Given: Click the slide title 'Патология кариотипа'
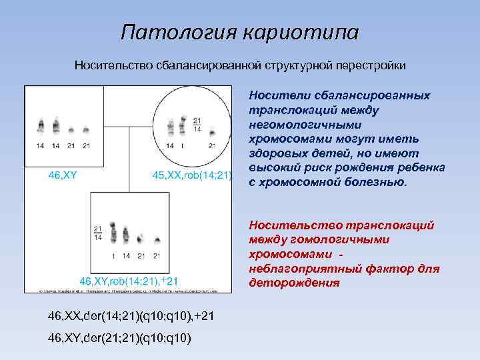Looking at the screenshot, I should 239,32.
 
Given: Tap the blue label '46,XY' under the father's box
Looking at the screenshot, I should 61,175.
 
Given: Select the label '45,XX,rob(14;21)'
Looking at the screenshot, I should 191,175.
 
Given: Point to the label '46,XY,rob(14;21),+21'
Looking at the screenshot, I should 129,280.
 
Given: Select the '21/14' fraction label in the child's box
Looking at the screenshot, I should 98,232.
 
